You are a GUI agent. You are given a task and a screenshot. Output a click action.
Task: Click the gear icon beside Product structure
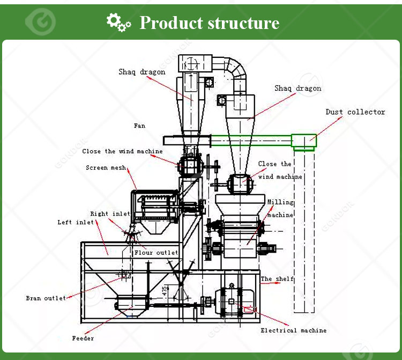click(x=118, y=22)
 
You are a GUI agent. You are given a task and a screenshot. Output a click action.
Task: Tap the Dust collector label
click(x=355, y=112)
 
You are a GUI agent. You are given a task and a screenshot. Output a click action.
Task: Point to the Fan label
click(x=139, y=126)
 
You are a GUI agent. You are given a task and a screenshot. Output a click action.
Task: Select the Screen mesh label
click(x=106, y=168)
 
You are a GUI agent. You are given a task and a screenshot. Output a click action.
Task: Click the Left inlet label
click(x=76, y=222)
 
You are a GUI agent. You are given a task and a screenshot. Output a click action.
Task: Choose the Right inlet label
click(x=110, y=214)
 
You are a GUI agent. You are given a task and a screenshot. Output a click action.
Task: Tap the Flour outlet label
click(x=156, y=252)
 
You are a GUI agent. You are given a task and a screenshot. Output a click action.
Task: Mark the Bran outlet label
click(x=46, y=298)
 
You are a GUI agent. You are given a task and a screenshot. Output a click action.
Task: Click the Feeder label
click(x=83, y=339)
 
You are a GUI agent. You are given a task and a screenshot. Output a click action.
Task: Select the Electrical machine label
click(x=293, y=330)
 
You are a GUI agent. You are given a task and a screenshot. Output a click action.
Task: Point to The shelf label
click(x=277, y=279)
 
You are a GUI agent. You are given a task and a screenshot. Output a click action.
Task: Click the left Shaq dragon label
click(x=142, y=72)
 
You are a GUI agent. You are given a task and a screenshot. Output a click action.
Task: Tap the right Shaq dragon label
click(x=298, y=89)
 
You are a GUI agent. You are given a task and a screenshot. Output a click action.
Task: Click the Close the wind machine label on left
click(x=122, y=151)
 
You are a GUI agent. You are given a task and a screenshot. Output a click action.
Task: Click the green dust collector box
click(x=304, y=141)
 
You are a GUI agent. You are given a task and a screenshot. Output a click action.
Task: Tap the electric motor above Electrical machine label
click(x=231, y=300)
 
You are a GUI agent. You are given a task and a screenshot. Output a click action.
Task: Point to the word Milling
click(x=281, y=202)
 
